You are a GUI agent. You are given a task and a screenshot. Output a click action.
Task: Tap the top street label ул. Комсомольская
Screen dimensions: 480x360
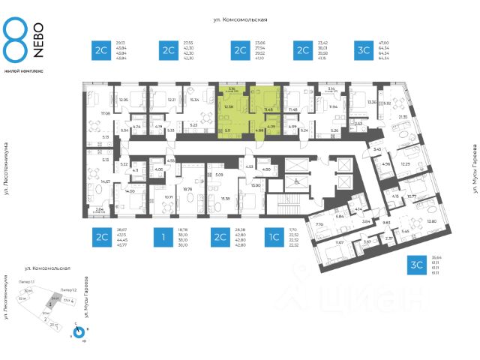pos(240,21)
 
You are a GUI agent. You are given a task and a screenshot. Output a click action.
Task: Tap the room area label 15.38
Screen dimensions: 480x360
pos(226,199)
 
